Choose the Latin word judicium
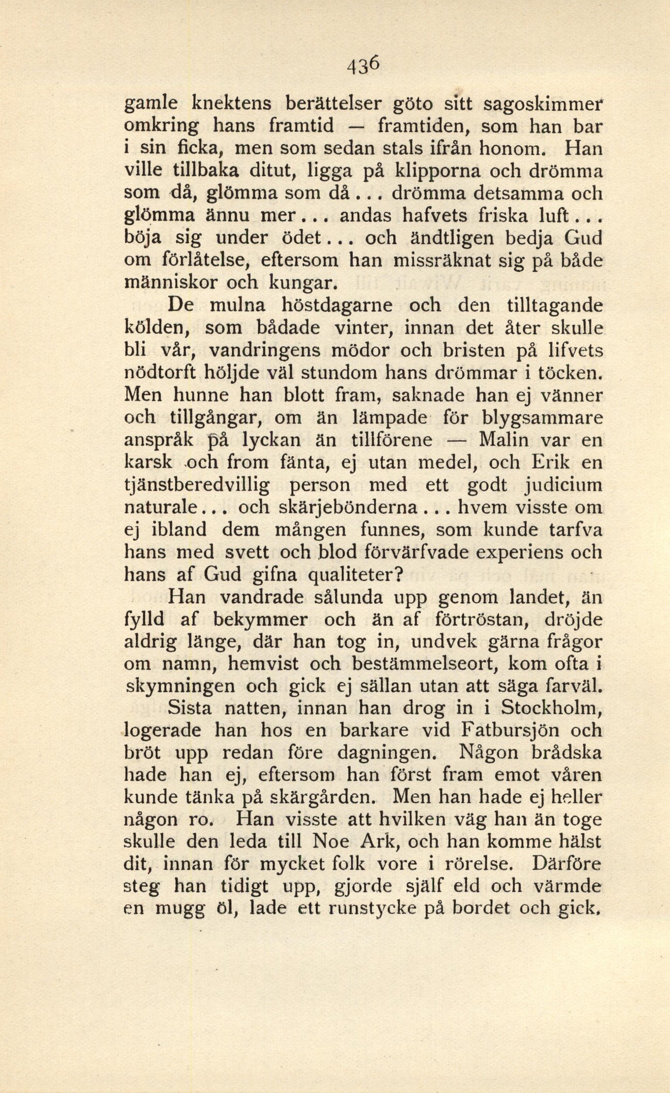[559, 486]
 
